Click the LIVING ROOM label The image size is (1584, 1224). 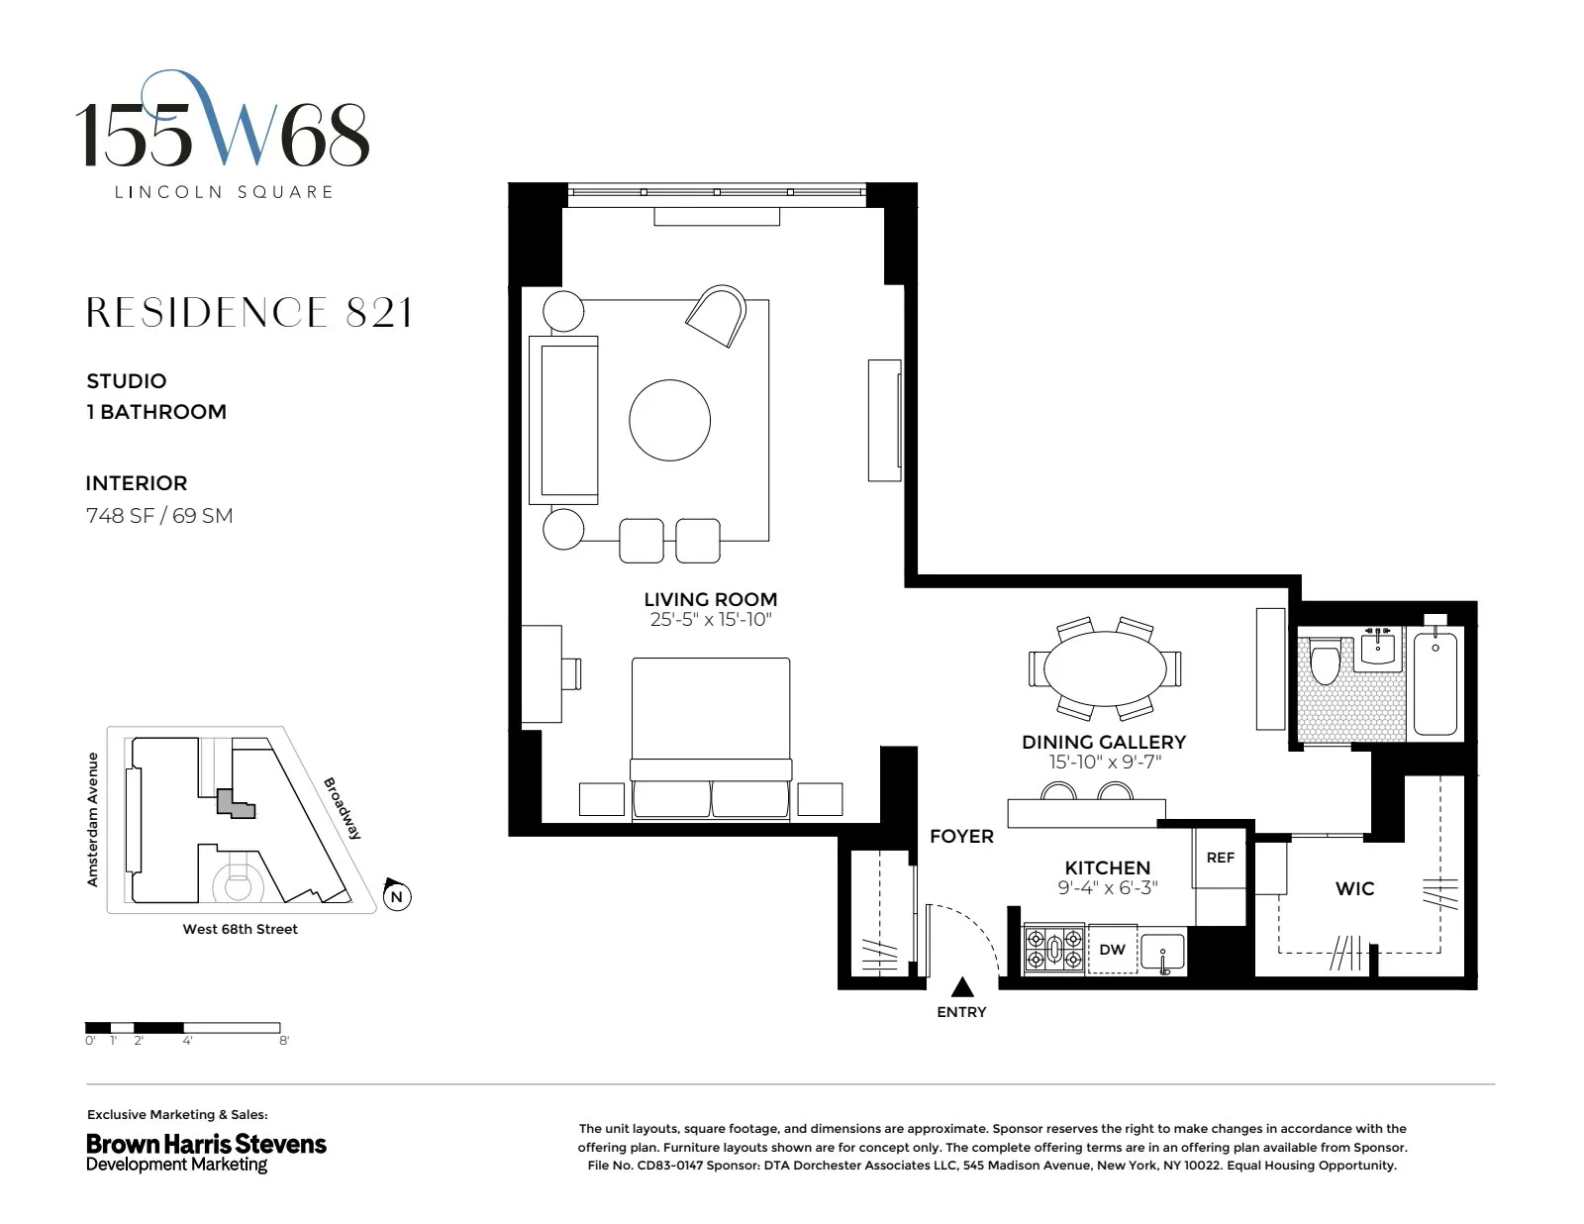(710, 599)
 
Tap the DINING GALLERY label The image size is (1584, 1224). (1103, 742)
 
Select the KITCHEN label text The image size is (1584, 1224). (1107, 867)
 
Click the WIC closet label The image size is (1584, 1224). (1354, 888)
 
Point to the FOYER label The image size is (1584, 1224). (960, 836)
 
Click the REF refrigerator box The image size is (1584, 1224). (1220, 858)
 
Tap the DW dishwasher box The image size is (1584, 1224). (1112, 950)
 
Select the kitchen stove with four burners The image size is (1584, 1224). (1054, 949)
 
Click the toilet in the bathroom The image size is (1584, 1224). (1325, 663)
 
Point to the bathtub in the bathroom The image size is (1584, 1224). (1435, 682)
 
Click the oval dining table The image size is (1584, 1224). (1104, 667)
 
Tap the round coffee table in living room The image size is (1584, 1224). (669, 420)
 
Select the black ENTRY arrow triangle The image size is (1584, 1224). (961, 987)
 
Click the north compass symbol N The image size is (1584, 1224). (396, 896)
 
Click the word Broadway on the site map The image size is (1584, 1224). (343, 808)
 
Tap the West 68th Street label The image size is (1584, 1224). (240, 929)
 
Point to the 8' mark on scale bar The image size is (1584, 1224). (284, 1041)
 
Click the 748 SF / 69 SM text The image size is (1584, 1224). (159, 515)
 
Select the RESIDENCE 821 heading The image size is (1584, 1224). (248, 313)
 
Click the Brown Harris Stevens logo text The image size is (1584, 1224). (206, 1144)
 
